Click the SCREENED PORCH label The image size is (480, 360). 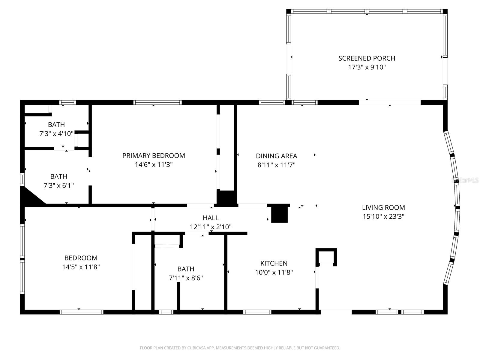[367, 58]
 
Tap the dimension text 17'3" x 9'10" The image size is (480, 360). [367, 67]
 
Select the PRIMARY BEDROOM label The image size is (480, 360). [154, 155]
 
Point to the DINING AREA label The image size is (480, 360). [276, 156]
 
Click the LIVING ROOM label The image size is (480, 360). [383, 207]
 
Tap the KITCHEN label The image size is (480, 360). [274, 263]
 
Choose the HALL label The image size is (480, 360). [211, 218]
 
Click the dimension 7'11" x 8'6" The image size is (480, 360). [186, 278]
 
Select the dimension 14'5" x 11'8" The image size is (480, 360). [81, 267]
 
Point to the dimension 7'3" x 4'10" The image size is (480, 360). [56, 133]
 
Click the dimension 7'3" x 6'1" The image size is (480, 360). [59, 185]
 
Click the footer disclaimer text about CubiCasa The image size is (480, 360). [240, 348]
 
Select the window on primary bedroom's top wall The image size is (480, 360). [157, 103]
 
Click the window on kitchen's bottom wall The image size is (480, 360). [257, 312]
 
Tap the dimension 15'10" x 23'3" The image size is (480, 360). [383, 216]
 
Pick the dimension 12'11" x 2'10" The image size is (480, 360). [211, 227]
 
